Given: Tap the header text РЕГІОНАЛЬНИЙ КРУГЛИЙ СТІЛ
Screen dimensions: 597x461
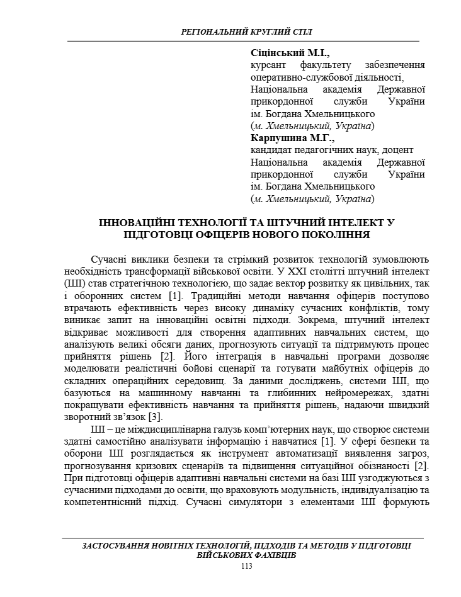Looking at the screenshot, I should tap(246, 31).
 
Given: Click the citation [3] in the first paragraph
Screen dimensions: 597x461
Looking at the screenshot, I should tap(155, 416).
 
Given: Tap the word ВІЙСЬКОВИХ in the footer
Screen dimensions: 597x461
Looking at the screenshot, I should tap(225, 556).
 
